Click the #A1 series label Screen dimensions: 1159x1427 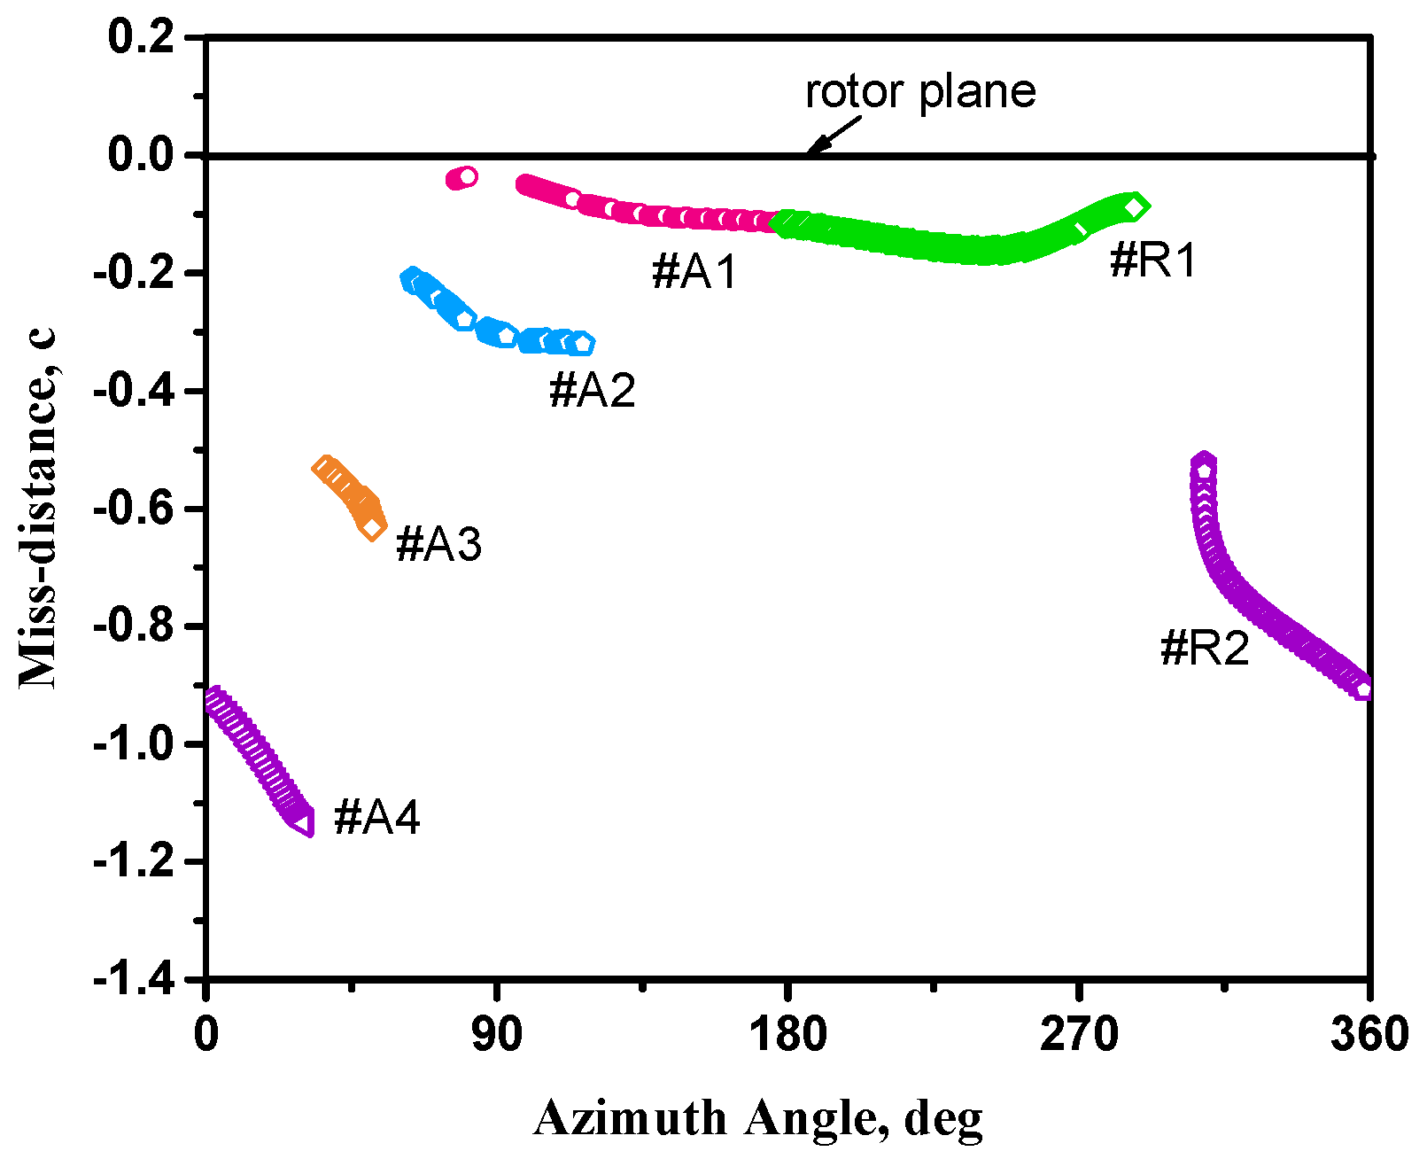[694, 270]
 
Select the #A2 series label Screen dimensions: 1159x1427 [593, 390]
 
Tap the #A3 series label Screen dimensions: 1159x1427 [439, 543]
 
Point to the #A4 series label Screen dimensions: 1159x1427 [377, 816]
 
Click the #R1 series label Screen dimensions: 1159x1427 [1153, 261]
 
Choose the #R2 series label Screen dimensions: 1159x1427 [1205, 648]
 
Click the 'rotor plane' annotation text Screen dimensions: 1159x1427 [920, 91]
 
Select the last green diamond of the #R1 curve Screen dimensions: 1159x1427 [1135, 206]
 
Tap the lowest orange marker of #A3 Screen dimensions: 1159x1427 [372, 528]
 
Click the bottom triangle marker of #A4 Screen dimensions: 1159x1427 [302, 823]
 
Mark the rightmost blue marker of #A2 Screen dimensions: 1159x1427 [582, 343]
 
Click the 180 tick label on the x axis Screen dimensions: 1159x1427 [787, 1034]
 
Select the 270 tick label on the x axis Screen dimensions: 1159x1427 [1078, 1034]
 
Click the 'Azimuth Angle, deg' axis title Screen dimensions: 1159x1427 [758, 1118]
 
